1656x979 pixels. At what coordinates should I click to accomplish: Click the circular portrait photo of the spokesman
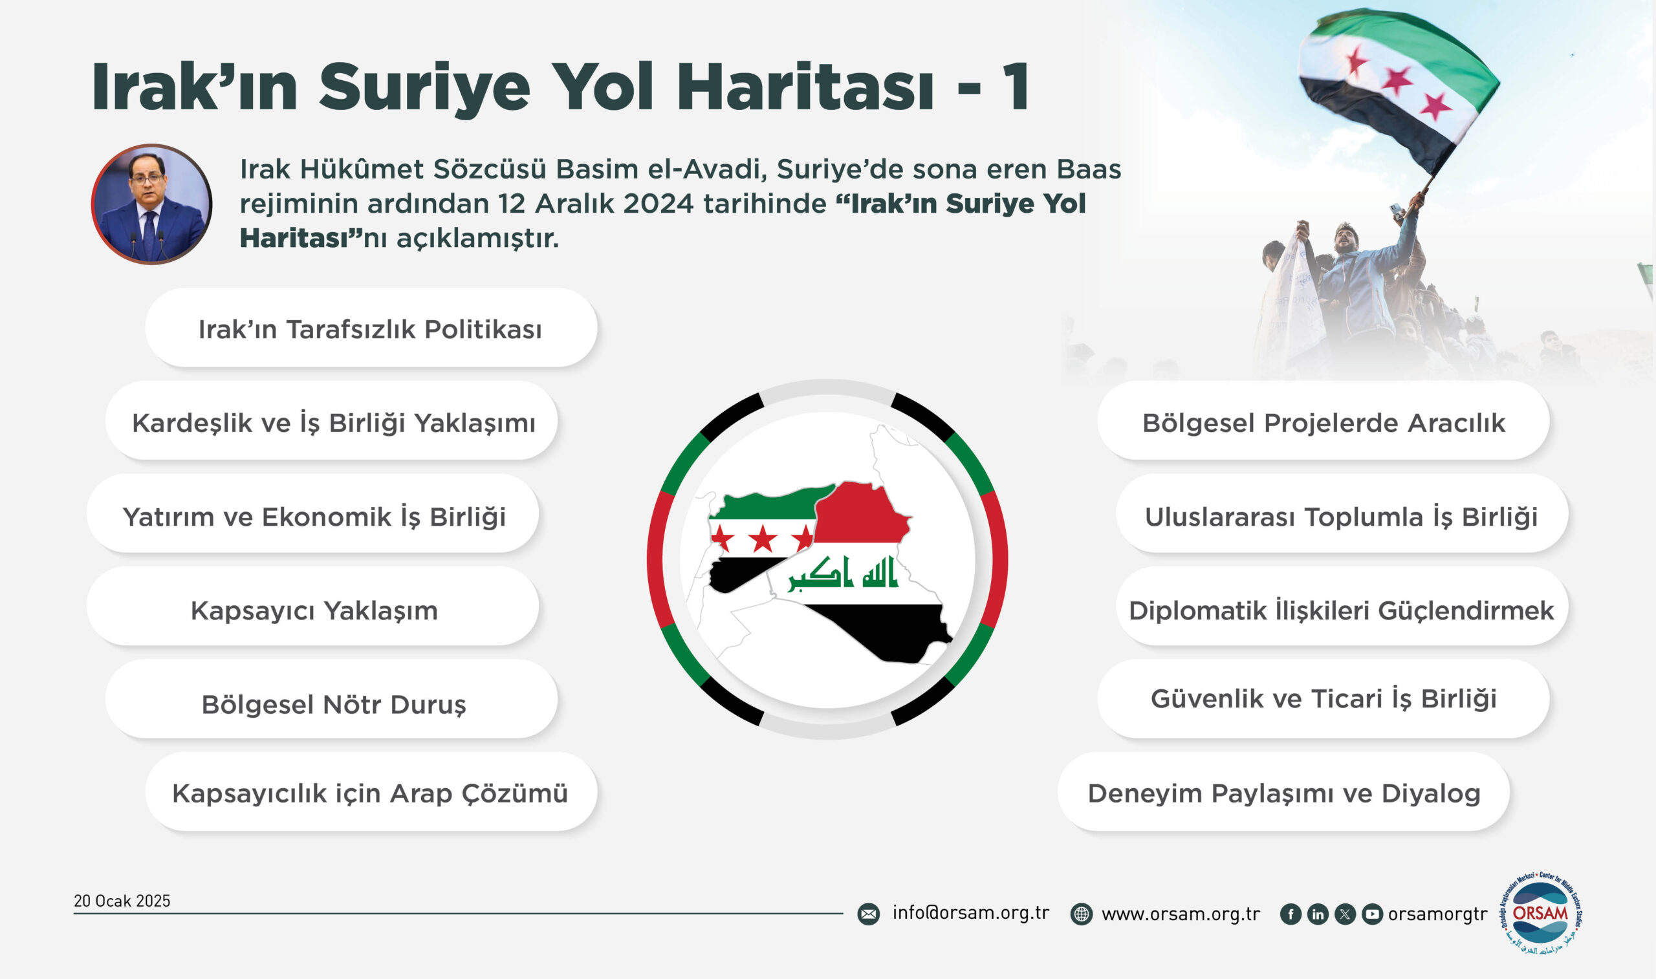pos(151,204)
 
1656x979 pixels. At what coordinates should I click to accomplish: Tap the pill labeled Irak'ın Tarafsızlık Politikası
pos(371,328)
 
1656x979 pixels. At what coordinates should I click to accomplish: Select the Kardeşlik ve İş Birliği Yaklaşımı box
pos(331,421)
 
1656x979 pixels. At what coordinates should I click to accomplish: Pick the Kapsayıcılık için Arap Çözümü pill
pos(371,792)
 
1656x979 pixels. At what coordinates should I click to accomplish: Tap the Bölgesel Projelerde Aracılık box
pos(1324,421)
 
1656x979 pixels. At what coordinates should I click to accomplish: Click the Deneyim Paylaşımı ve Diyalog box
pos(1284,792)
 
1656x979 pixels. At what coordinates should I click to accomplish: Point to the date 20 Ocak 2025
pos(122,901)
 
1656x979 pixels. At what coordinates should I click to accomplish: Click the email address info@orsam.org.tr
pos(970,912)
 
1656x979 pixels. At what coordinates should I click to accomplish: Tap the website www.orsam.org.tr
pos(1181,914)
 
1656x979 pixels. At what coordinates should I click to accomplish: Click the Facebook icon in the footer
pos(1291,914)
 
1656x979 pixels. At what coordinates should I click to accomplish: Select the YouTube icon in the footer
pos(1372,914)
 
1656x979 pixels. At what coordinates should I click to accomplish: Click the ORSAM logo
pos(1541,913)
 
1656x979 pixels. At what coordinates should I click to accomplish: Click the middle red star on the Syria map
pos(763,539)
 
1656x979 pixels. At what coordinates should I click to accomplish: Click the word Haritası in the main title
pos(805,87)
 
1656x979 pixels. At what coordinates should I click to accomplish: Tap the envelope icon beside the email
pos(868,914)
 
